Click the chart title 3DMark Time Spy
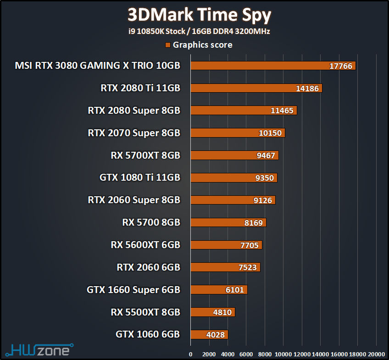tap(199, 15)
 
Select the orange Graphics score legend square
tap(168, 45)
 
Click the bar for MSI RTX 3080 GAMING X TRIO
tap(273, 66)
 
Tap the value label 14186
tap(307, 89)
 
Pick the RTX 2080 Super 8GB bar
tap(244, 111)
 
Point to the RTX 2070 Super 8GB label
tap(134, 133)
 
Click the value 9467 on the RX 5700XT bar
tap(266, 155)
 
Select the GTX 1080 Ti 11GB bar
tap(233, 177)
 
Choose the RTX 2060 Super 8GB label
tap(134, 200)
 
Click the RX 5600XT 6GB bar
tap(226, 245)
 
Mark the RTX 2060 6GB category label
tap(149, 267)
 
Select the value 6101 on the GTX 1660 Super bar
tap(234, 290)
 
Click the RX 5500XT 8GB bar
tap(212, 312)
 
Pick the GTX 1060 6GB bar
tap(209, 334)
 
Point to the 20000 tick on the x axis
tap(376, 354)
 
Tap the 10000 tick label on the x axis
tap(283, 354)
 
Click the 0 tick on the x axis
tap(191, 354)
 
